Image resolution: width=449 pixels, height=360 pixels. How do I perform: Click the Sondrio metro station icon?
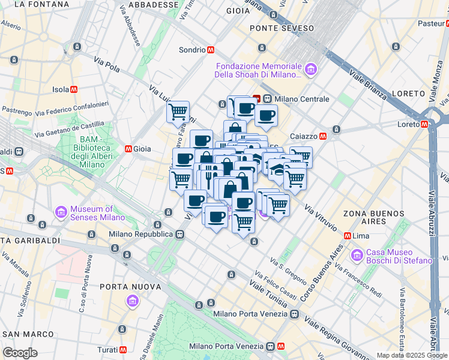click(211, 50)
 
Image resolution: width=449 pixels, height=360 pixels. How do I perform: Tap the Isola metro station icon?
click(74, 89)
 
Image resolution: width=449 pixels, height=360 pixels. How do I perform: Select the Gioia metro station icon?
click(128, 148)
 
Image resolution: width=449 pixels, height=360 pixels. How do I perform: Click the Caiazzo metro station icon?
click(323, 136)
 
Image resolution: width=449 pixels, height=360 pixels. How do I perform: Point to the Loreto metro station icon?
click(424, 124)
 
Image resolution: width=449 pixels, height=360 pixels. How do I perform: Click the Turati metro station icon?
click(123, 349)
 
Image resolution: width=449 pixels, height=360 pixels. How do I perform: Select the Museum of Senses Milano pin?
click(61, 212)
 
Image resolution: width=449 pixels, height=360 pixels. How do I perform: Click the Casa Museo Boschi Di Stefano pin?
click(357, 255)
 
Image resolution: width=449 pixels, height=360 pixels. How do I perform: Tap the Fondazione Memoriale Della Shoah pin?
click(310, 70)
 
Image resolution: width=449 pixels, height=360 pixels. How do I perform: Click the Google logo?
click(20, 353)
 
